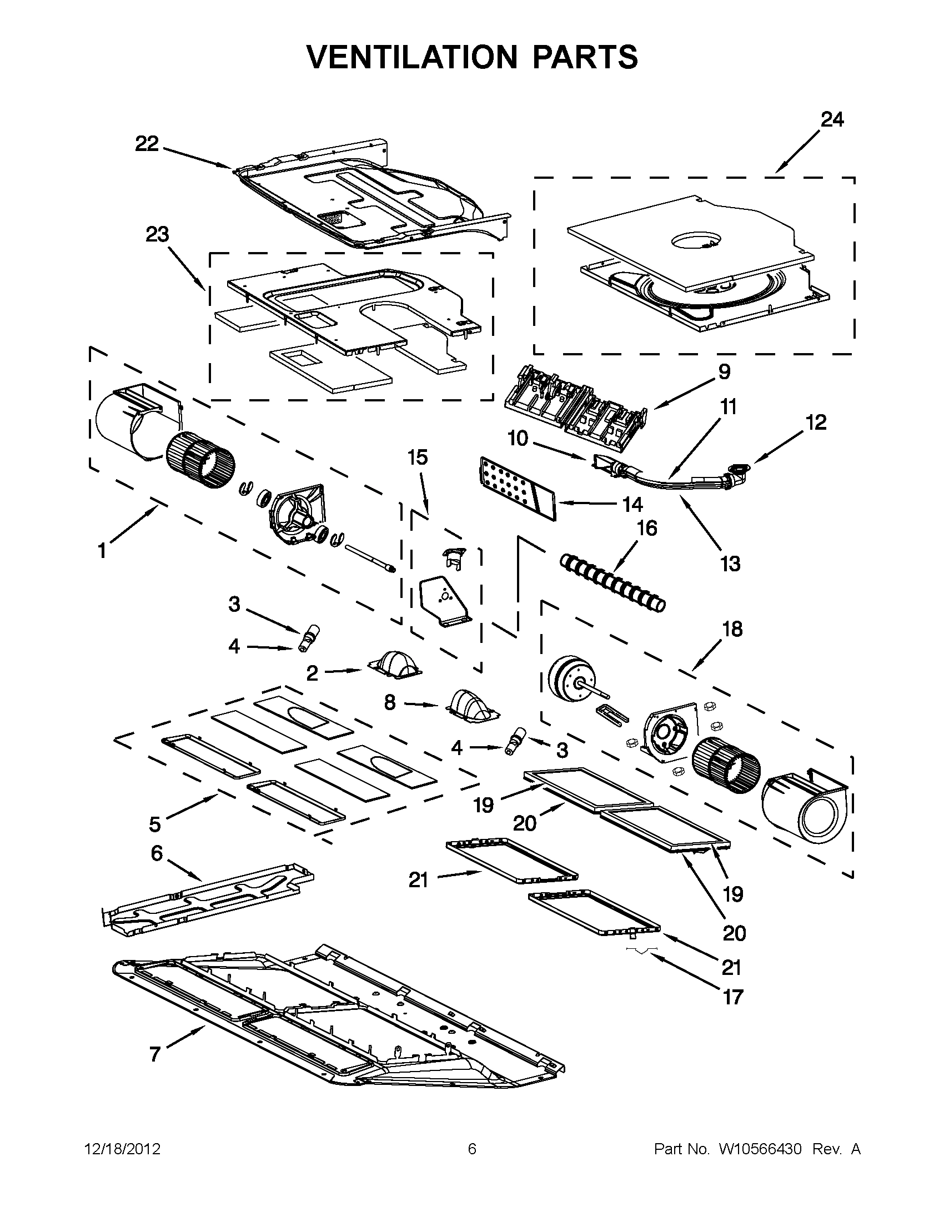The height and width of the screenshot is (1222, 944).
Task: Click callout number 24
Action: pos(831,119)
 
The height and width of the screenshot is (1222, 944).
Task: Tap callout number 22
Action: pos(147,144)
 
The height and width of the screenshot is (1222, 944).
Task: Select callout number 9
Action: pos(724,371)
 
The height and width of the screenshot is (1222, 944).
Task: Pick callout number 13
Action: pos(730,564)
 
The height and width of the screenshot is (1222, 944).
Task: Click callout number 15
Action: pos(418,457)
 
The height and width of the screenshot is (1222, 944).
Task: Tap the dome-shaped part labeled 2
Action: pos(395,666)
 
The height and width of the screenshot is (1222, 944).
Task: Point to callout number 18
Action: pos(732,629)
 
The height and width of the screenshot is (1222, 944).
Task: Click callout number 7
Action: pos(155,1055)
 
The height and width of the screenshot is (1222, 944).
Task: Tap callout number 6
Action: pos(157,853)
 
